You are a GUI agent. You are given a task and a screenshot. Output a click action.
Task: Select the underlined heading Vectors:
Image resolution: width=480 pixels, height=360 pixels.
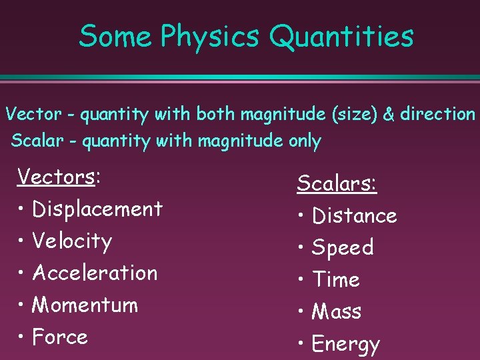pyautogui.click(x=59, y=177)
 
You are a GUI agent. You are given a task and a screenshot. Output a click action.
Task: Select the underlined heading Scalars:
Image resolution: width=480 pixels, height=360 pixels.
pyautogui.click(x=337, y=183)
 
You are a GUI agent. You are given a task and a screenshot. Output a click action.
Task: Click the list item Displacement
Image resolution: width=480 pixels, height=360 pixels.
pyautogui.click(x=97, y=209)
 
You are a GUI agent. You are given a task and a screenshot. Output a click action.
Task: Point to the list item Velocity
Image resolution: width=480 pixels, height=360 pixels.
pyautogui.click(x=72, y=241)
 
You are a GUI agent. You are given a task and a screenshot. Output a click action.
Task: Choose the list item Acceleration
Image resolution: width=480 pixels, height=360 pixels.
pyautogui.click(x=95, y=273)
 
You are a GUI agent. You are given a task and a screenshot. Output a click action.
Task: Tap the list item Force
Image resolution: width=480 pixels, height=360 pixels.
pyautogui.click(x=60, y=337)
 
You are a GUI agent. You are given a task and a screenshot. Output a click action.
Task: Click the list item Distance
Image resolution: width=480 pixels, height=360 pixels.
pyautogui.click(x=354, y=216)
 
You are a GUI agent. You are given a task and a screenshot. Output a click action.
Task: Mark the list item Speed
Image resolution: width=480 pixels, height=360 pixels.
pyautogui.click(x=343, y=248)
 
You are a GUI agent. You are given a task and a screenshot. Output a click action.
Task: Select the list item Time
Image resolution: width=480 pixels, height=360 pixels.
pyautogui.click(x=336, y=280)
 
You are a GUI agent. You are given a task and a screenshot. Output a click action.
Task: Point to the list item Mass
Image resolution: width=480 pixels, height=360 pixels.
pyautogui.click(x=337, y=312)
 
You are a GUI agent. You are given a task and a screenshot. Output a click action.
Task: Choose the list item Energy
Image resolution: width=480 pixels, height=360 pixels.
pyautogui.click(x=345, y=345)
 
